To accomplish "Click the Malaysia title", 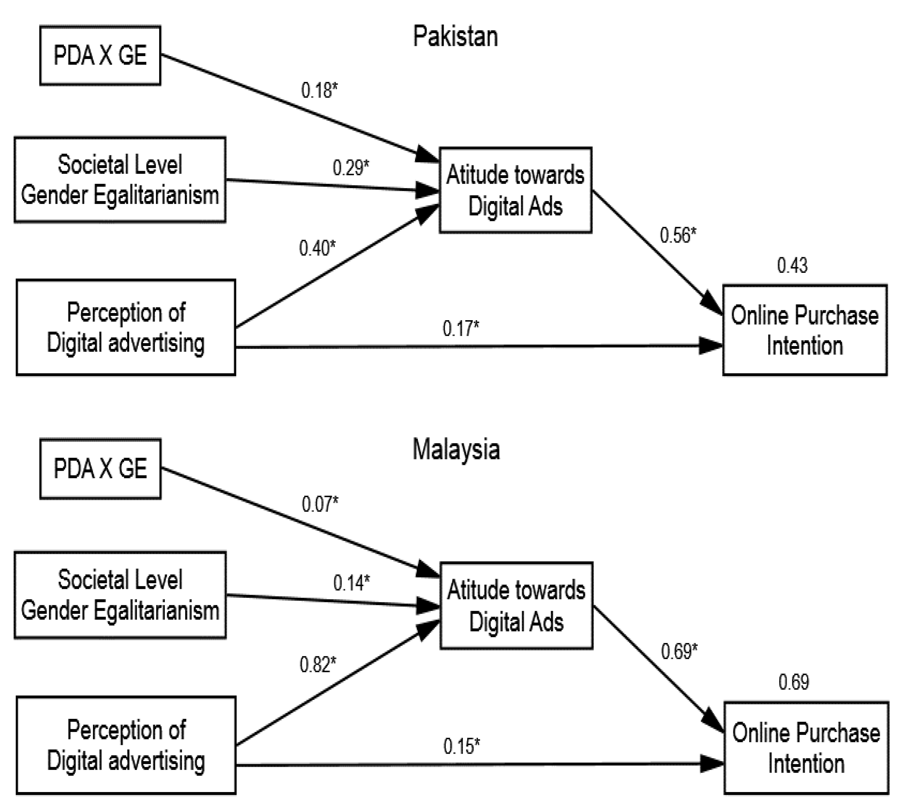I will coord(456,449).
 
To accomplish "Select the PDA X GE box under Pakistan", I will coord(100,55).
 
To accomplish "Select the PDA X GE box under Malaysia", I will coord(100,469).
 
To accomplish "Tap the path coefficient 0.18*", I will coord(319,90).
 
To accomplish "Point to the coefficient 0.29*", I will coord(351,168).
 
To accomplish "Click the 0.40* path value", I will coord(317,248).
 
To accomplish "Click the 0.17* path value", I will coord(460,329).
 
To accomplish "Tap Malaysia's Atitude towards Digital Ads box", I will coord(516,606).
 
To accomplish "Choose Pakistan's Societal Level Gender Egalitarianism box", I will coord(120,179).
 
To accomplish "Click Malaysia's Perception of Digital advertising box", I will coord(126,745).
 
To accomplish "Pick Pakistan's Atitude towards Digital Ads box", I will coord(515,190).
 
